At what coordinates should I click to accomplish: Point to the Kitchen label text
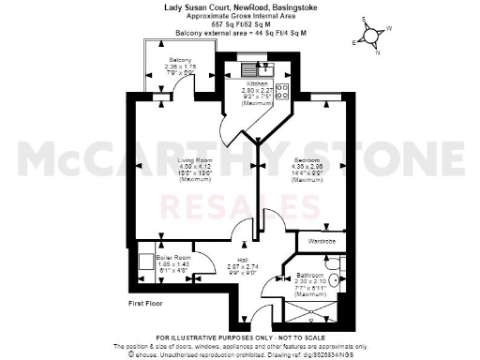[256, 82]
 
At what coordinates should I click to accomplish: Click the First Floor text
[148, 305]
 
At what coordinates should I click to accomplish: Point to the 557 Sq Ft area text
[239, 23]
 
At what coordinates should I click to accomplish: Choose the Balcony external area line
[239, 33]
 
